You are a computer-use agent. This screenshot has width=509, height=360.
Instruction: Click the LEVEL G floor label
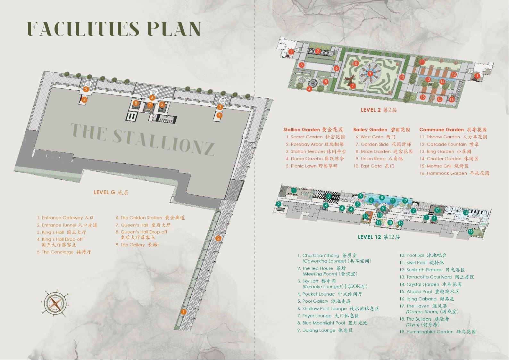pyautogui.click(x=111, y=192)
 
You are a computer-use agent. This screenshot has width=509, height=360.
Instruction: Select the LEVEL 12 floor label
pyautogui.click(x=379, y=237)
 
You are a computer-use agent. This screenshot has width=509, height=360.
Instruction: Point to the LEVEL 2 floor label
pyautogui.click(x=379, y=110)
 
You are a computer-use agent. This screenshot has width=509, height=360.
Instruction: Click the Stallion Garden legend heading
pyautogui.click(x=313, y=130)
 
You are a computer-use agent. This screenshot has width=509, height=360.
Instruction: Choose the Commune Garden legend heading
pyautogui.click(x=453, y=130)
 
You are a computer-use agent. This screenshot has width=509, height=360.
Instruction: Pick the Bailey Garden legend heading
pyautogui.click(x=381, y=130)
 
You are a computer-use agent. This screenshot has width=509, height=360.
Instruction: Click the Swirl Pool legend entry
pyautogui.click(x=421, y=263)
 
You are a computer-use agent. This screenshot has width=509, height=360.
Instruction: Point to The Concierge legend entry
pyautogui.click(x=64, y=252)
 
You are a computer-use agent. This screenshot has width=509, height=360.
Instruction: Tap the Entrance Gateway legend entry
pyautogui.click(x=65, y=218)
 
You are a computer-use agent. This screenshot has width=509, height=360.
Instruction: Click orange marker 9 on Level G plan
pyautogui.click(x=86, y=89)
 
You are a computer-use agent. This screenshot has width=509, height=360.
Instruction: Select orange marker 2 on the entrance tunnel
pyautogui.click(x=218, y=238)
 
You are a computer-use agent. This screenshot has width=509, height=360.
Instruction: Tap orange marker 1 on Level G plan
pyautogui.click(x=183, y=312)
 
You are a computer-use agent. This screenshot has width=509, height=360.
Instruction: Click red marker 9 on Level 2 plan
pyautogui.click(x=370, y=73)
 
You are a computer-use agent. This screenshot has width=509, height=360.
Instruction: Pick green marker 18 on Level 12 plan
pyautogui.click(x=466, y=212)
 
